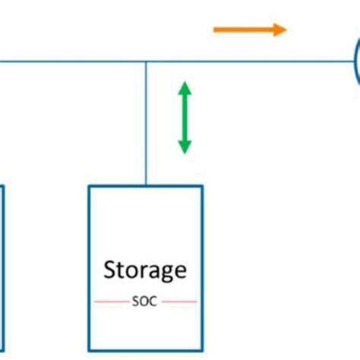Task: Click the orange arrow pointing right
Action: pyautogui.click(x=249, y=30)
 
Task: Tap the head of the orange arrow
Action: pyautogui.click(x=281, y=30)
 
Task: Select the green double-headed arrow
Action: pyautogui.click(x=184, y=118)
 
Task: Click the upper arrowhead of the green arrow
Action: pyautogui.click(x=184, y=89)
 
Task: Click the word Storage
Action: pyautogui.click(x=144, y=270)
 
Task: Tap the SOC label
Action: pyautogui.click(x=144, y=301)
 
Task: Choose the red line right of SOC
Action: pyautogui.click(x=179, y=302)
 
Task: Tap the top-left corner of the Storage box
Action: pyautogui.click(x=90, y=187)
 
